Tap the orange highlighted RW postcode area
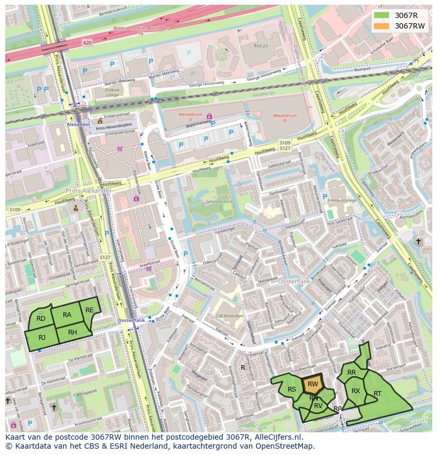point(312,384)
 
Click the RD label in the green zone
point(41,318)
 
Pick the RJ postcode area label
point(42,337)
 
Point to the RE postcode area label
point(90,310)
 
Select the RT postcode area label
point(377,394)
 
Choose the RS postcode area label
point(291,389)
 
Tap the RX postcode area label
point(356,391)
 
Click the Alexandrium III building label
point(284,115)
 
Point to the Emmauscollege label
point(342,200)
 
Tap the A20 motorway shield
point(87,42)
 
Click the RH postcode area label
point(72,332)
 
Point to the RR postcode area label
point(351,373)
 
